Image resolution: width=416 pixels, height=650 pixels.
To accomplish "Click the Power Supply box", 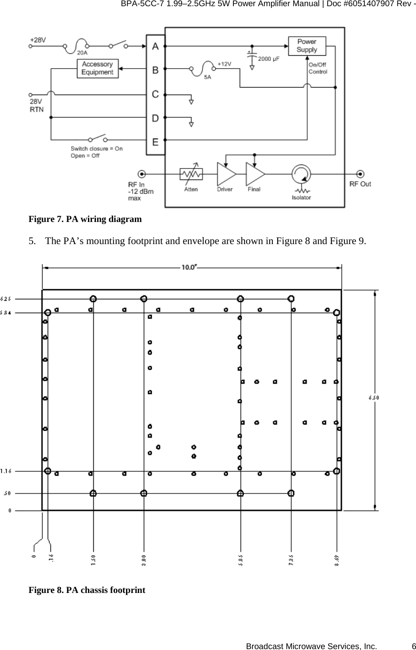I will click(x=306, y=46).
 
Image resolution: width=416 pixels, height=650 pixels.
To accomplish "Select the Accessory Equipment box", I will click(x=97, y=69).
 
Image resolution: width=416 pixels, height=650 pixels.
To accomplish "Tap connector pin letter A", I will click(x=155, y=46).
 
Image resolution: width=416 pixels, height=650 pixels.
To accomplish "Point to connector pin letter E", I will click(x=155, y=142).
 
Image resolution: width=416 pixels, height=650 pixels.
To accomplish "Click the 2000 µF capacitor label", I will click(x=268, y=59).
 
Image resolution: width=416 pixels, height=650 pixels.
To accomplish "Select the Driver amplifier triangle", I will click(x=225, y=174).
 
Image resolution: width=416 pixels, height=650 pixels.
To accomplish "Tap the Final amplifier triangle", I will click(x=254, y=174).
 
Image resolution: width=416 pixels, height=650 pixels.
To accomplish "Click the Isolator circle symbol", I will click(x=301, y=174).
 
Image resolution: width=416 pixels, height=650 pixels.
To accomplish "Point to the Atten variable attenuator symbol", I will click(x=191, y=174).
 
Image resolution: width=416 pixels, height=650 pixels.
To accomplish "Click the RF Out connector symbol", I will click(x=361, y=174).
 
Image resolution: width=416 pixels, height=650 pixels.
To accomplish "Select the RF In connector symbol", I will click(x=141, y=174).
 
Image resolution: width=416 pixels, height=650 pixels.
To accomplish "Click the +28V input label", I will click(x=38, y=39).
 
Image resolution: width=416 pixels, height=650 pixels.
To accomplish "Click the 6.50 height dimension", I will click(x=374, y=398).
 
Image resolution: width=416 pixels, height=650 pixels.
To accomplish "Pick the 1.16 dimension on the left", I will click(x=6, y=471).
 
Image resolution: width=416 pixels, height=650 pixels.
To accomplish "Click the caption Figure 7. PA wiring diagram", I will click(x=85, y=219).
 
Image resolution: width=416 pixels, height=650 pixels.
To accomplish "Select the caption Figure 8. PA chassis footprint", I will click(x=87, y=590).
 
